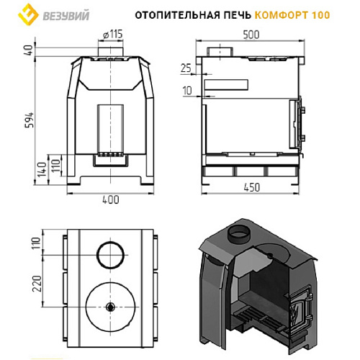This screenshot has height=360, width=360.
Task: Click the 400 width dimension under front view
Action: (110, 201)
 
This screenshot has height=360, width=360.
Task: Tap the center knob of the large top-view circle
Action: (110, 307)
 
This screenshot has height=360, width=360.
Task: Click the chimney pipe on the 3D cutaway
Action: (238, 235)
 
